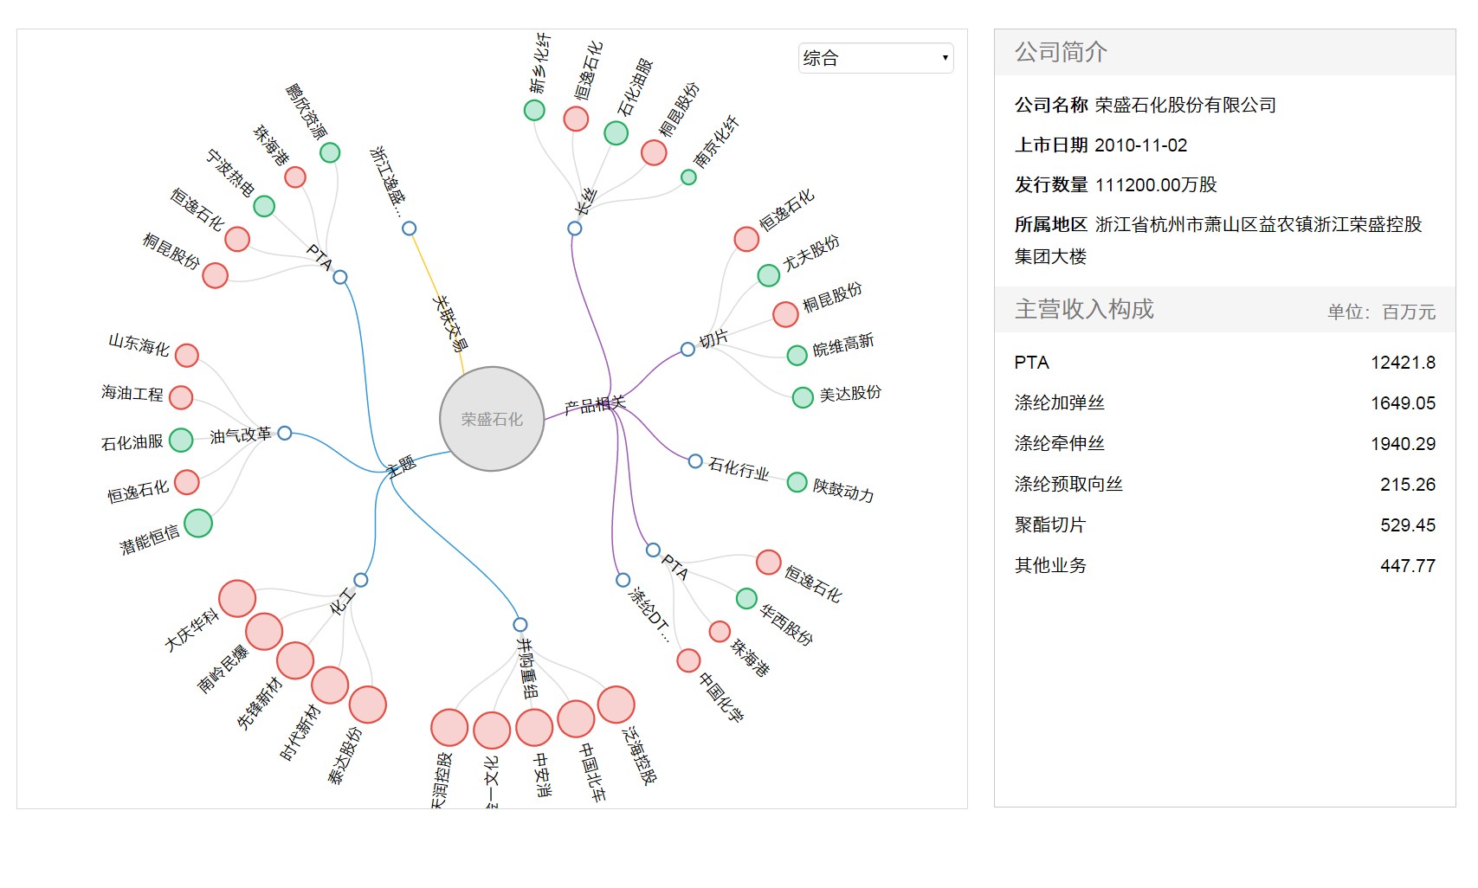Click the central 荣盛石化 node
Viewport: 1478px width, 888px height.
pyautogui.click(x=492, y=419)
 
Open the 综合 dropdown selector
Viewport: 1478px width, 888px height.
pyautogui.click(x=875, y=58)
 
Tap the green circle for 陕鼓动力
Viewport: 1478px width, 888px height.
pyautogui.click(x=797, y=482)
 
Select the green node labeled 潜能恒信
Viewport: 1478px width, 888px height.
pyautogui.click(x=198, y=523)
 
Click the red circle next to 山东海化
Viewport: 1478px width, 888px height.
pyautogui.click(x=187, y=355)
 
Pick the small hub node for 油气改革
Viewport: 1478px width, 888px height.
pyautogui.click(x=285, y=433)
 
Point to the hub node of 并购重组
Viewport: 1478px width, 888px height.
pyautogui.click(x=520, y=625)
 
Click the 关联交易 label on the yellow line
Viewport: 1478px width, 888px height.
pyautogui.click(x=450, y=323)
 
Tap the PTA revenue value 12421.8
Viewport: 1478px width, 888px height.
pyautogui.click(x=1403, y=363)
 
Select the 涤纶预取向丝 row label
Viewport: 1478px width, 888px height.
pyautogui.click(x=1068, y=484)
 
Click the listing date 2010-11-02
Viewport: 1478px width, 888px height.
pyautogui.click(x=1140, y=145)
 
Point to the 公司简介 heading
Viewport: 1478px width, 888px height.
pyautogui.click(x=1061, y=52)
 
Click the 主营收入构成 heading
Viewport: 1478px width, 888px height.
pyautogui.click(x=1084, y=309)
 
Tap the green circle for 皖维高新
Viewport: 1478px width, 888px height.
pyautogui.click(x=797, y=355)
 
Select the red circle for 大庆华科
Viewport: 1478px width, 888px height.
pyautogui.click(x=237, y=598)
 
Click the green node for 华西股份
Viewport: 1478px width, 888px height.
pyautogui.click(x=746, y=598)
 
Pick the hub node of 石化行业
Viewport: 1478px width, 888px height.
pyautogui.click(x=695, y=461)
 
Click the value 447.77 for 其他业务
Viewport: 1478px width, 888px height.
pyautogui.click(x=1407, y=566)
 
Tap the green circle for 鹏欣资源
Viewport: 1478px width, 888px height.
pyautogui.click(x=330, y=152)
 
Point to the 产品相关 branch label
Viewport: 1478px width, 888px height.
pyautogui.click(x=594, y=404)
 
